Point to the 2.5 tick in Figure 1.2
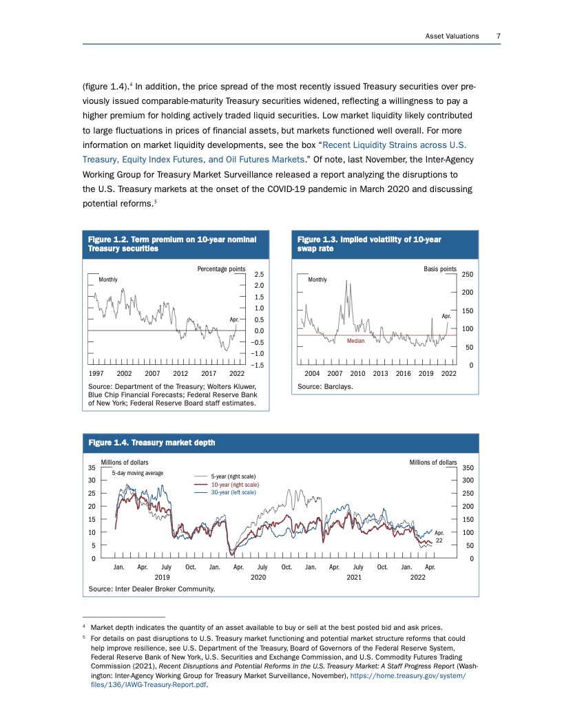pyautogui.click(x=259, y=274)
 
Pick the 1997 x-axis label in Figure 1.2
pyautogui.click(x=98, y=372)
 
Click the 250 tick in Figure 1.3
pyautogui.click(x=467, y=274)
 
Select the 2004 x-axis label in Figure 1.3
pyautogui.click(x=314, y=372)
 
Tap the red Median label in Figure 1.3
pyautogui.click(x=355, y=341)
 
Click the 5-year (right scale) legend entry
pyautogui.click(x=233, y=476)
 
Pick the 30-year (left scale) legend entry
pyautogui.click(x=233, y=492)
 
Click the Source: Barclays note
pyautogui.click(x=325, y=387)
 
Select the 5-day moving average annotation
pyautogui.click(x=137, y=473)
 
